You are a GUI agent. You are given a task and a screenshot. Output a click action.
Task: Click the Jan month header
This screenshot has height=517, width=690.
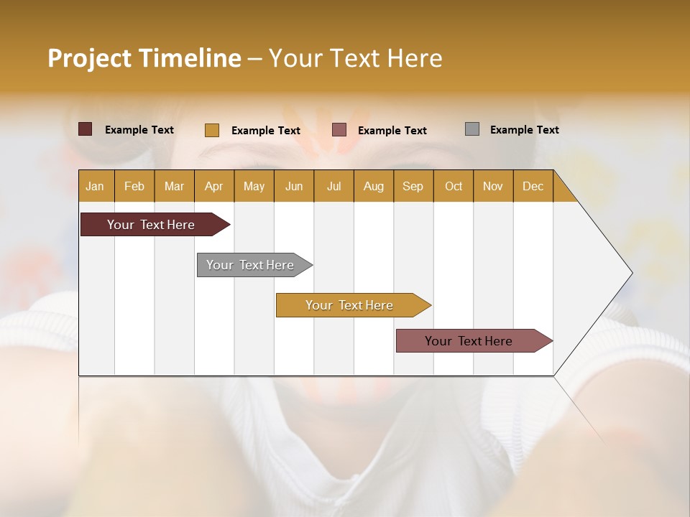coord(96,186)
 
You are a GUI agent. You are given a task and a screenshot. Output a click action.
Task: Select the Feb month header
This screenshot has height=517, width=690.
coord(134,186)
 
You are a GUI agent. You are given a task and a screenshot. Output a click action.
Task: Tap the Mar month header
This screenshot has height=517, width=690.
coord(174,186)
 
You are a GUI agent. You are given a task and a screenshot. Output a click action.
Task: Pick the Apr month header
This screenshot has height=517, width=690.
coord(214,186)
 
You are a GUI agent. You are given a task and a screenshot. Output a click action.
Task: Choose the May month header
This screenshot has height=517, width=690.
coord(254,186)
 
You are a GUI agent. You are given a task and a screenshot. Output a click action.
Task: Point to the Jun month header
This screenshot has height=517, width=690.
coord(294,186)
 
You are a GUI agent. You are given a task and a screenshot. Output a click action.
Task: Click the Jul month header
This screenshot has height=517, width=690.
coord(333,186)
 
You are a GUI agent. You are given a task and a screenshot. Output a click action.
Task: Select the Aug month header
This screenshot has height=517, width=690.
coord(374,186)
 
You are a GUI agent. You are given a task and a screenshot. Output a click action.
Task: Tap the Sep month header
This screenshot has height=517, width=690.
coord(413,186)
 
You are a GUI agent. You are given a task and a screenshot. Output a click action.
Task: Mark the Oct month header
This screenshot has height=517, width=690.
coord(454,186)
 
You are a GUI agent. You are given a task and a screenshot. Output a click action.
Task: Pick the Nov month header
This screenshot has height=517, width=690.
coord(493,186)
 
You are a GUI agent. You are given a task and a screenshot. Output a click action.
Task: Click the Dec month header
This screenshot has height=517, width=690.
coord(533,186)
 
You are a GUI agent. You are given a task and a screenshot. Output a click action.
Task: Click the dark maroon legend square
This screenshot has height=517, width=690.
coord(86,129)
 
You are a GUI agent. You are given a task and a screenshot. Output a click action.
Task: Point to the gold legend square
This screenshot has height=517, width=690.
coord(212,130)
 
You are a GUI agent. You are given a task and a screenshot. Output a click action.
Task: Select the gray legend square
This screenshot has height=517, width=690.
coord(472,129)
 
